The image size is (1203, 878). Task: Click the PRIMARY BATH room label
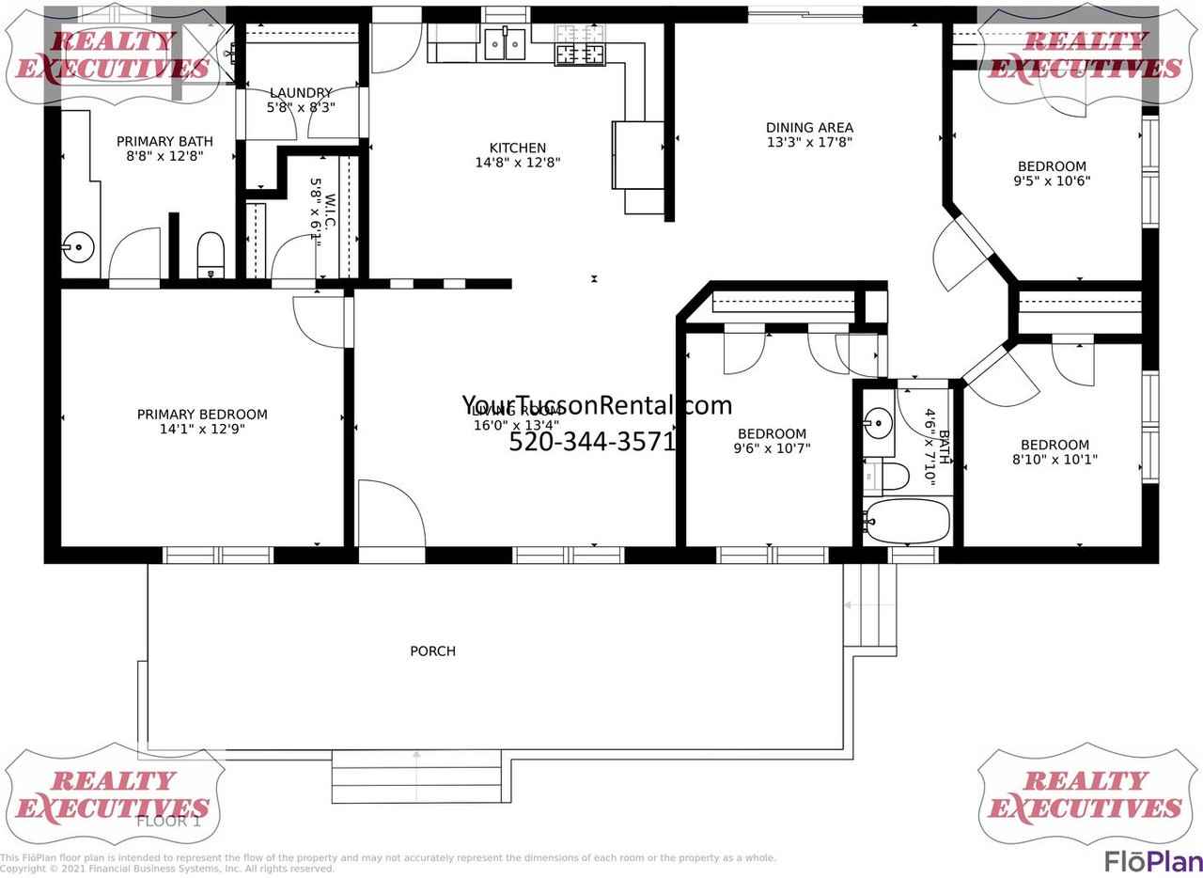(x=164, y=142)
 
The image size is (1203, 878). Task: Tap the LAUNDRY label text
(x=301, y=93)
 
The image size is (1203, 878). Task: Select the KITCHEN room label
(x=517, y=148)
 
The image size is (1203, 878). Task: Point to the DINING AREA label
(x=809, y=128)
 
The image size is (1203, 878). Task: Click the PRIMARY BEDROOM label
(x=202, y=415)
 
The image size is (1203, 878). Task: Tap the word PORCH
(x=432, y=651)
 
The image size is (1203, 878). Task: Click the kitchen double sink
(x=506, y=43)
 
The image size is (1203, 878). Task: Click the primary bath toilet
(x=211, y=255)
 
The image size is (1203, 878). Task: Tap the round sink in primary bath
(x=79, y=249)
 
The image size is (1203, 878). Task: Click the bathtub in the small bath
(x=908, y=521)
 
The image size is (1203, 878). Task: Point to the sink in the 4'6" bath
(x=878, y=422)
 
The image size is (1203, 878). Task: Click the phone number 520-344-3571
(x=592, y=442)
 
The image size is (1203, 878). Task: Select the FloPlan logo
(x=1152, y=860)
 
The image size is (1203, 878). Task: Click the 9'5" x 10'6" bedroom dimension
(x=1052, y=181)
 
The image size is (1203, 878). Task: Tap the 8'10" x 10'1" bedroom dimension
(x=1055, y=460)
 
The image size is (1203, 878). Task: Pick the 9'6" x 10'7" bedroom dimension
(x=772, y=448)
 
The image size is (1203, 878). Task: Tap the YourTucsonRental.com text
(x=596, y=405)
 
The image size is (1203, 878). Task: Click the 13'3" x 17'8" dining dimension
(x=809, y=143)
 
